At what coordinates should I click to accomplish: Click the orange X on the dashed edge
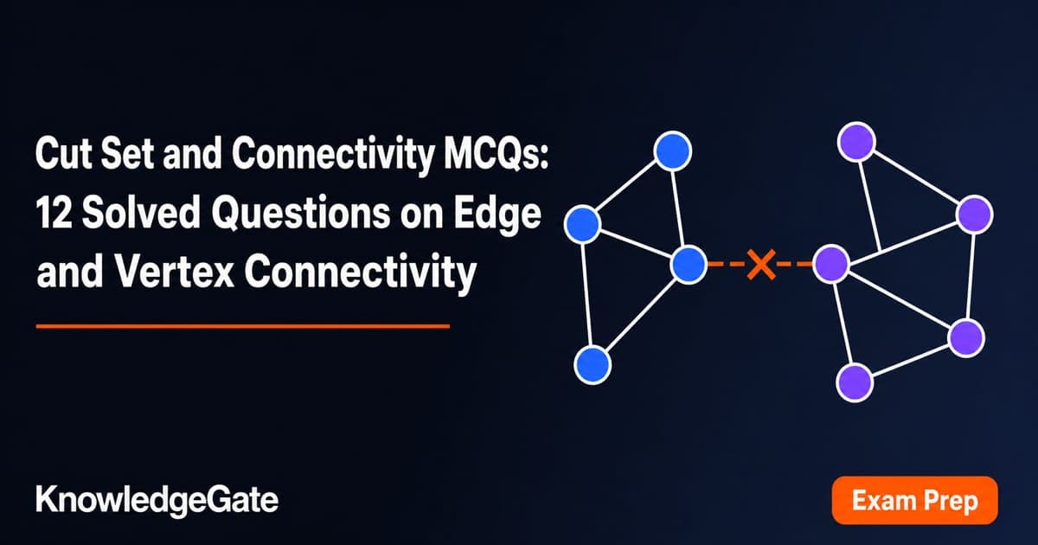click(x=761, y=264)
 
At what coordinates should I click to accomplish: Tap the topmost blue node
click(x=672, y=151)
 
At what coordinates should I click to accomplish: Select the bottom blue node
click(x=593, y=365)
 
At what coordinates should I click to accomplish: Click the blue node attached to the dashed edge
click(x=689, y=264)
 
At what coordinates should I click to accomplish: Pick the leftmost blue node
click(x=583, y=224)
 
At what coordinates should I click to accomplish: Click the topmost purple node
click(x=856, y=142)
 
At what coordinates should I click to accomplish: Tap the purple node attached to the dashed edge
click(x=831, y=264)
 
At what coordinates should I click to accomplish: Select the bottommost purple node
click(x=855, y=382)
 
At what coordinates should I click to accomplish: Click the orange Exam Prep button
click(x=914, y=501)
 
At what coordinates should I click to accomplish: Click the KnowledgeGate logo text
click(x=157, y=501)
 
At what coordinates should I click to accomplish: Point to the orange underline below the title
click(x=243, y=326)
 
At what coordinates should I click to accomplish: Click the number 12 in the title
click(x=54, y=212)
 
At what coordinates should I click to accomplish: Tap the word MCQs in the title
click(x=496, y=153)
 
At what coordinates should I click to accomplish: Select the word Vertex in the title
click(x=174, y=272)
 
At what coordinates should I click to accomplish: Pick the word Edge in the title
click(x=497, y=215)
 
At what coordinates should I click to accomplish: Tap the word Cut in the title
click(x=62, y=153)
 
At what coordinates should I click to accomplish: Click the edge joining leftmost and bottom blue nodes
click(x=587, y=294)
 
